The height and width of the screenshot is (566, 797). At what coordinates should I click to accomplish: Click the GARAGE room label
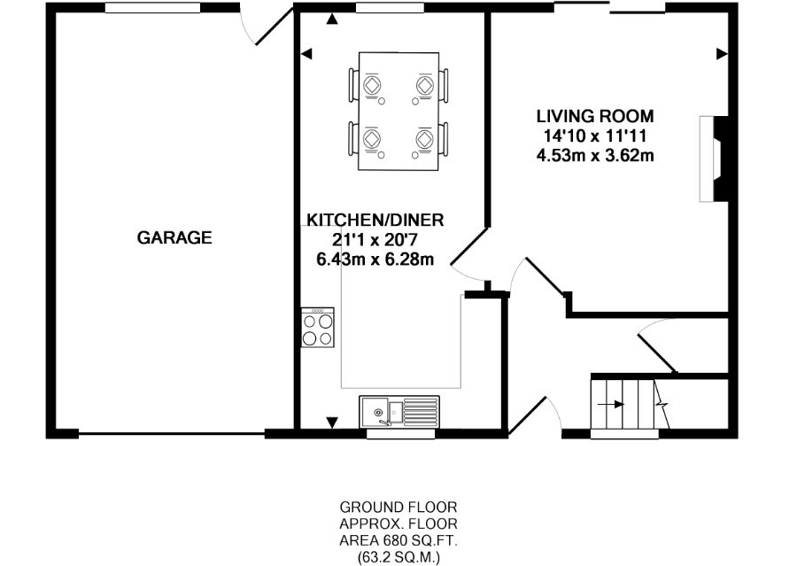[174, 237]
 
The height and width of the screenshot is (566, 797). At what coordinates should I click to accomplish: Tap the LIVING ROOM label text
[594, 116]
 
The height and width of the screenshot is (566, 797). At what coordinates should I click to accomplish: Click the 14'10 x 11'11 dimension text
[594, 136]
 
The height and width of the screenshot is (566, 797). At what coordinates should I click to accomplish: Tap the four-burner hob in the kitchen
[319, 329]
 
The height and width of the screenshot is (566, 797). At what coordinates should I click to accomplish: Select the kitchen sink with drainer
[398, 412]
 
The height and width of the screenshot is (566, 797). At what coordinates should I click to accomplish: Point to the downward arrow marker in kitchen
[332, 422]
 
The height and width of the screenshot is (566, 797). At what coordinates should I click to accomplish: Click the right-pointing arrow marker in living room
[721, 55]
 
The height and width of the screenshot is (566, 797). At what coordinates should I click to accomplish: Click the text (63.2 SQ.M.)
[398, 558]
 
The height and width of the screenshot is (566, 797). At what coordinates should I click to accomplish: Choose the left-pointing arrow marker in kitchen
[306, 55]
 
